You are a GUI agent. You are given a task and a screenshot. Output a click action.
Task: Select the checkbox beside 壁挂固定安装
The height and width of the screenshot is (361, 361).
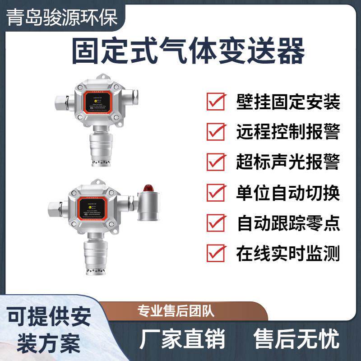point(216,102)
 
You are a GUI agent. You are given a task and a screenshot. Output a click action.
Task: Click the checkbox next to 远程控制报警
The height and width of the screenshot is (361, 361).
point(216,132)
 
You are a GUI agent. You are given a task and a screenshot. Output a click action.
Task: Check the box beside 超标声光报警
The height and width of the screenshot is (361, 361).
point(216,162)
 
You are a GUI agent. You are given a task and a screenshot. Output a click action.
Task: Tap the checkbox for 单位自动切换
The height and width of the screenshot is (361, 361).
point(216,192)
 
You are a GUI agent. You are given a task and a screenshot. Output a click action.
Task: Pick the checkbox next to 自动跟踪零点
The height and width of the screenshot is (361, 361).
point(216,222)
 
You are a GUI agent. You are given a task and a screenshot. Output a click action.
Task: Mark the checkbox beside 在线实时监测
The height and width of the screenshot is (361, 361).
point(216,253)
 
